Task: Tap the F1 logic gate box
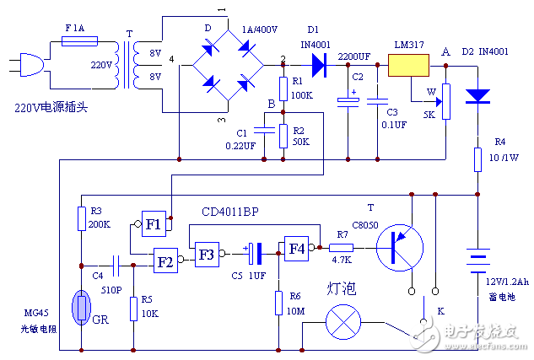(154, 224)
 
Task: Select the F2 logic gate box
(165, 261)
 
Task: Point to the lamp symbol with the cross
(343, 322)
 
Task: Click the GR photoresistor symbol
(80, 309)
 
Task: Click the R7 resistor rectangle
(342, 248)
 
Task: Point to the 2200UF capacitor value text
(353, 56)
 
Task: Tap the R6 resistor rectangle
(278, 302)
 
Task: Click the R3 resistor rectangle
(80, 219)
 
